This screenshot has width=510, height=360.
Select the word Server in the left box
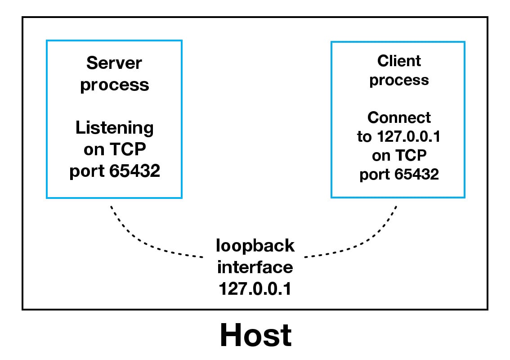(x=114, y=63)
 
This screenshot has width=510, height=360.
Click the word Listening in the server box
(x=114, y=128)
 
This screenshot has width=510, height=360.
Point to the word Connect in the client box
(x=399, y=117)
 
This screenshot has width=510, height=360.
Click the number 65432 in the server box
(x=134, y=172)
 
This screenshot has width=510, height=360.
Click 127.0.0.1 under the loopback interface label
(x=255, y=289)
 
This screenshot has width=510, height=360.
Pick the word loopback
(x=255, y=246)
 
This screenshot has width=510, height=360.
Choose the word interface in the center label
(x=255, y=267)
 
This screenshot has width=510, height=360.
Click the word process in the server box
(x=114, y=85)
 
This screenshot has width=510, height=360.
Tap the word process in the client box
(x=399, y=80)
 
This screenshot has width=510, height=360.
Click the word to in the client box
(x=364, y=137)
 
